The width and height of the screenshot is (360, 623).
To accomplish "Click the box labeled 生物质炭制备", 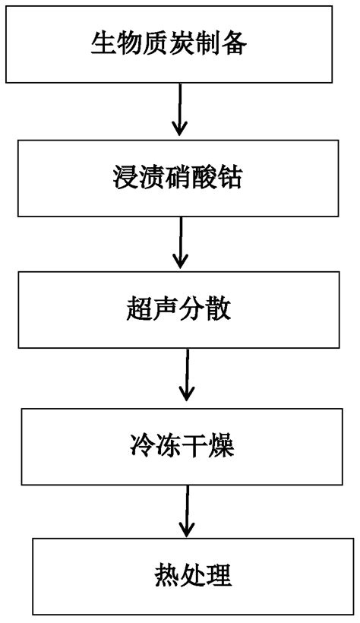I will [180, 44].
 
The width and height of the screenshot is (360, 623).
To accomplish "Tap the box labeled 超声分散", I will [180, 309].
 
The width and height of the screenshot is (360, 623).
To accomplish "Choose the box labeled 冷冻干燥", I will [181, 446].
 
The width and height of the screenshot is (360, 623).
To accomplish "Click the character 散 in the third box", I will [224, 309].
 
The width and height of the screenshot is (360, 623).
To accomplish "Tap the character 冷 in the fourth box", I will [139, 446].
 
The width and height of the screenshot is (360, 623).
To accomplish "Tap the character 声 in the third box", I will [166, 309].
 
